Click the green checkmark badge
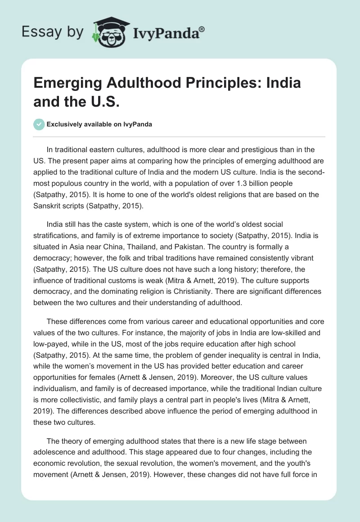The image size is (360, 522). (x=39, y=124)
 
